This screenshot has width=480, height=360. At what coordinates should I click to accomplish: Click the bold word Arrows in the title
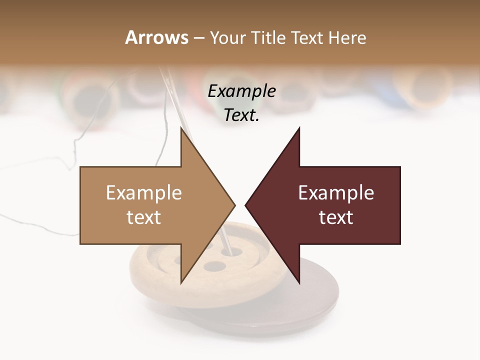(156, 37)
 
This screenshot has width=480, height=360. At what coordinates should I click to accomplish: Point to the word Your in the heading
(227, 37)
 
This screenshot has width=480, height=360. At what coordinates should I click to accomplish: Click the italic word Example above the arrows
(241, 91)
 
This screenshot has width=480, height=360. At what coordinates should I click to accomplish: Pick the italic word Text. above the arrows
(241, 115)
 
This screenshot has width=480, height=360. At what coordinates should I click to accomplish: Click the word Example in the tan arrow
(143, 193)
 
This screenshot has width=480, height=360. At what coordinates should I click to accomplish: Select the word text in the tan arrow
(143, 217)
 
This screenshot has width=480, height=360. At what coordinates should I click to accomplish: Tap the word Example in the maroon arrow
(336, 193)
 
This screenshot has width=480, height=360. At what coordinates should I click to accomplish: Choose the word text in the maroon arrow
(336, 217)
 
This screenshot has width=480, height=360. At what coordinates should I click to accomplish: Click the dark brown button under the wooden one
(320, 295)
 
